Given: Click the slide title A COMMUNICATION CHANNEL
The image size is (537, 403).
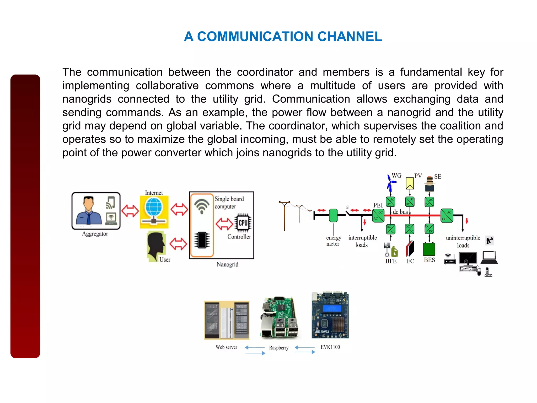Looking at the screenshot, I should coord(283,36).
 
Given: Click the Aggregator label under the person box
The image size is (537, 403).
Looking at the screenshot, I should coord(95,234).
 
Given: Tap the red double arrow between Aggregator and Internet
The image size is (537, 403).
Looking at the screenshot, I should coord(130,211).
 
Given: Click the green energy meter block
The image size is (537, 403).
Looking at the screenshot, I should coord(333,215).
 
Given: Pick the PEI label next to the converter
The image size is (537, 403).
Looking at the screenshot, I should coord(378,205).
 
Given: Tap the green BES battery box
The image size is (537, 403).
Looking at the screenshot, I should coord(429,249).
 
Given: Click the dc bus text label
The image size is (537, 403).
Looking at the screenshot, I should coord(400,212).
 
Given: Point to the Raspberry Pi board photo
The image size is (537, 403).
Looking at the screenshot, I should coord(279,318).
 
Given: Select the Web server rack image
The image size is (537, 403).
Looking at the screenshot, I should coord(227,320).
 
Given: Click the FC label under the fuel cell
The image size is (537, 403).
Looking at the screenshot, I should coord(410,261).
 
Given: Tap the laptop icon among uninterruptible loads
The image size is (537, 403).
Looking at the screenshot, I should coord(489,258).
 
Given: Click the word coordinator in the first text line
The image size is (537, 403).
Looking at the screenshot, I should coord(265,72).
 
